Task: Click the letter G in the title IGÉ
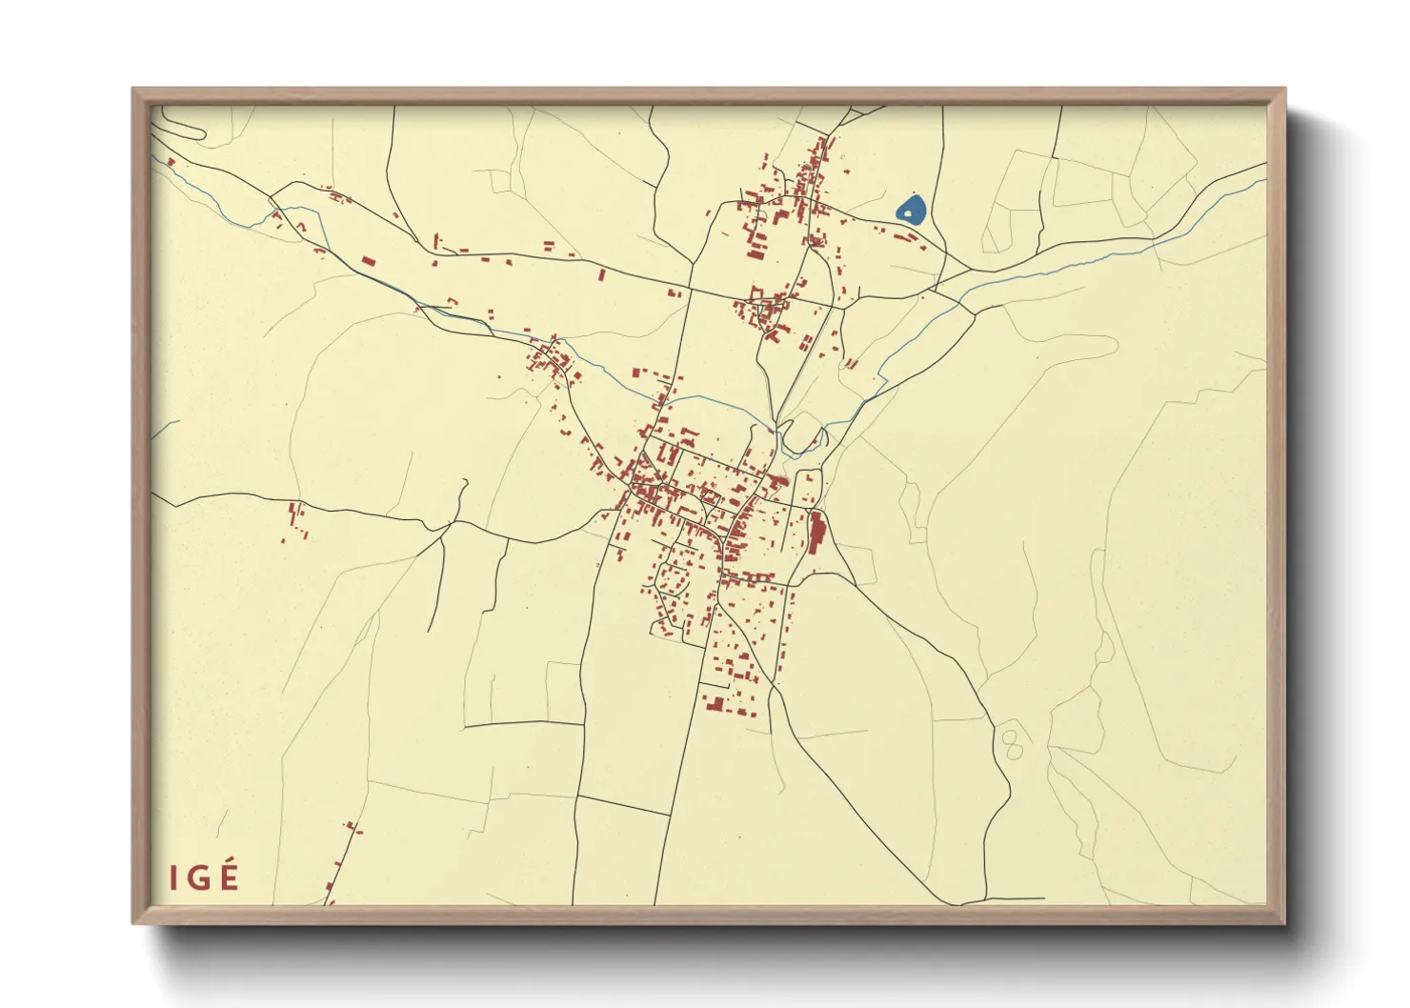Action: click(201, 877)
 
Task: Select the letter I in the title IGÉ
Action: click(173, 877)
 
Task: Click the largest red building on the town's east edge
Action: click(816, 531)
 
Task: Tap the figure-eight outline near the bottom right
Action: click(1013, 744)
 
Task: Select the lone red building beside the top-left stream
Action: click(171, 162)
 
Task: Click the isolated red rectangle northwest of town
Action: click(368, 260)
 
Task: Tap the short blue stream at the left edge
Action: click(164, 430)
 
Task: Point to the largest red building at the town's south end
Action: click(714, 703)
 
